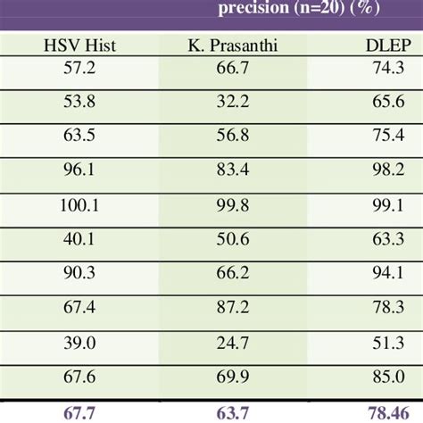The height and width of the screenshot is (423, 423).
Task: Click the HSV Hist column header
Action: [x=76, y=46]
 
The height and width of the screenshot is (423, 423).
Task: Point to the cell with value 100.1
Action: [x=76, y=204]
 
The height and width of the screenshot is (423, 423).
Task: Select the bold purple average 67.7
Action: [x=76, y=411]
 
